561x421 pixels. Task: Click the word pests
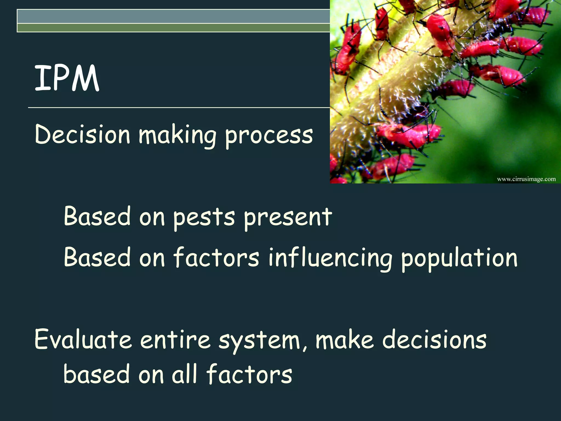(204, 218)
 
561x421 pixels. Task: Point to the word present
(288, 218)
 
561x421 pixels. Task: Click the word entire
(175, 340)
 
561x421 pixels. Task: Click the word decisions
(434, 340)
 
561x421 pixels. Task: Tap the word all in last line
(184, 374)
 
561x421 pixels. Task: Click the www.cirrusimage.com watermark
(526, 179)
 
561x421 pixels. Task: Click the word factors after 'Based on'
(216, 258)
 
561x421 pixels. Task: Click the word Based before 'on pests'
(97, 217)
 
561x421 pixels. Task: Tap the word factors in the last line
(249, 374)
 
